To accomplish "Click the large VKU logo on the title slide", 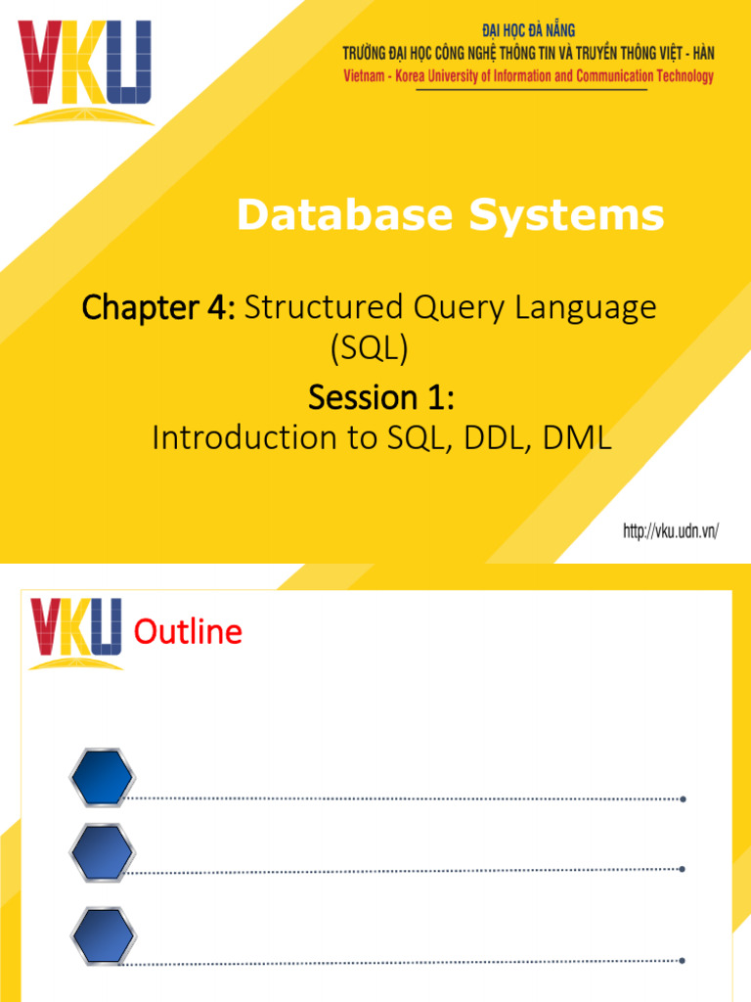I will (84, 70).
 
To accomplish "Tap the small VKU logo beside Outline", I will (75, 633).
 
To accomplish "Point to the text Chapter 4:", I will (159, 309).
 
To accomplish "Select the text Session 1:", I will (381, 397).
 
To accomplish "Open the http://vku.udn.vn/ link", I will (671, 531).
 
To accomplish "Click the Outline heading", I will (188, 633).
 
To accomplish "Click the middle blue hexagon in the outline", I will (102, 853).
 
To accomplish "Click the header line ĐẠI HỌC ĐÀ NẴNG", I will (528, 31).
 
